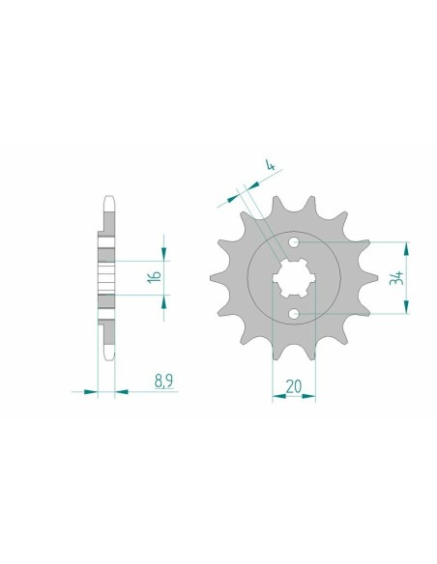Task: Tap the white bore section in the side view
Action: [x=105, y=280]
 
